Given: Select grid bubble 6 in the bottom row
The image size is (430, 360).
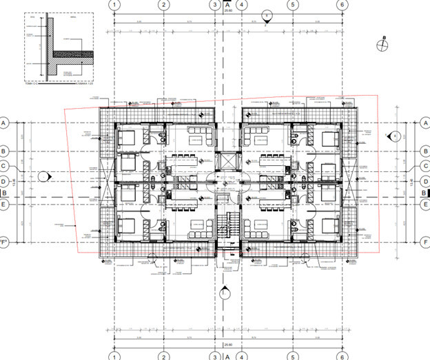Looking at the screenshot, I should (341, 356).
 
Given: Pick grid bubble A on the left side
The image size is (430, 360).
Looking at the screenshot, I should (4, 123).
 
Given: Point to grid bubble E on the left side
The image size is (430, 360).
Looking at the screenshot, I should (4, 204).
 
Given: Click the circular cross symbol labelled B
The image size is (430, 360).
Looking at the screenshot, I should (383, 45).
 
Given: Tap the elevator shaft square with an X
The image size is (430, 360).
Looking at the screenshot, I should (225, 162).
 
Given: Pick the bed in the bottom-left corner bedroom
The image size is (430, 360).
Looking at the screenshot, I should (128, 225).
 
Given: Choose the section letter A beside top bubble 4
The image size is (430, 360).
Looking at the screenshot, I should (228, 4).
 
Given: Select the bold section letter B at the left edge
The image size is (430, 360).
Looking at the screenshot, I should (4, 193).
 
